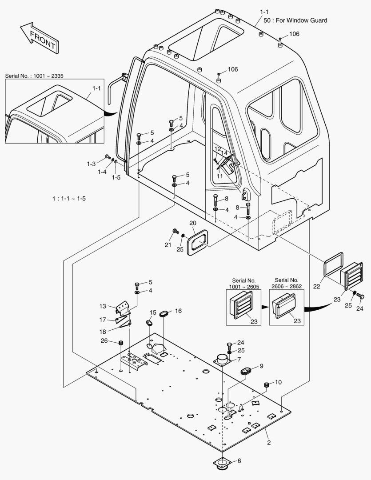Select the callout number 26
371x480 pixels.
(x=104, y=341)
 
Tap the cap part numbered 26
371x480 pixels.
(x=120, y=343)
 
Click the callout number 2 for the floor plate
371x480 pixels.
(x=268, y=442)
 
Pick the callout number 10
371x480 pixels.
(x=279, y=382)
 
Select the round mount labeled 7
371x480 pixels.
(x=222, y=360)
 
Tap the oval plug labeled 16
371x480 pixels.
(x=163, y=314)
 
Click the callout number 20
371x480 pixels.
(x=192, y=223)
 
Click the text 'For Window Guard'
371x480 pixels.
(x=301, y=20)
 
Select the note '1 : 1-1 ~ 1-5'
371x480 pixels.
(x=69, y=198)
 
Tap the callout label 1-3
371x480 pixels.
(x=91, y=164)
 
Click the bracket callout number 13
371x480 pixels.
(x=103, y=306)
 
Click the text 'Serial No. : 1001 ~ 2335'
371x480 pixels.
(x=34, y=76)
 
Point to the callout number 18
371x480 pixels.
(x=103, y=332)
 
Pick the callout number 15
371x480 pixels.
(x=153, y=312)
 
